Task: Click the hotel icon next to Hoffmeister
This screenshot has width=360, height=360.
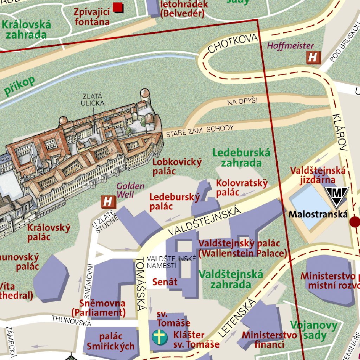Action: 313,57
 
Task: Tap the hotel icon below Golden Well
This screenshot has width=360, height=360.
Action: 109,202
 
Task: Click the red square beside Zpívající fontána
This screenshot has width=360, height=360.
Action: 118,7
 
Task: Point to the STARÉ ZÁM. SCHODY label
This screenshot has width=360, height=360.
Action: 199,131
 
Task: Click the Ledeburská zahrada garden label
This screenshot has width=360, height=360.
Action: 241,157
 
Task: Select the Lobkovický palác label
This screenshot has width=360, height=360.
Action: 177,166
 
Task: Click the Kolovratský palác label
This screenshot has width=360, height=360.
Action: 242,188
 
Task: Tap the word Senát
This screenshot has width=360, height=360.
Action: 165,282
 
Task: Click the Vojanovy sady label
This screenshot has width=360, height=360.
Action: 313,330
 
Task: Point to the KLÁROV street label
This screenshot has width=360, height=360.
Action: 340,132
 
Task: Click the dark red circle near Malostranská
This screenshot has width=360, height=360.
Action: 355,222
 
